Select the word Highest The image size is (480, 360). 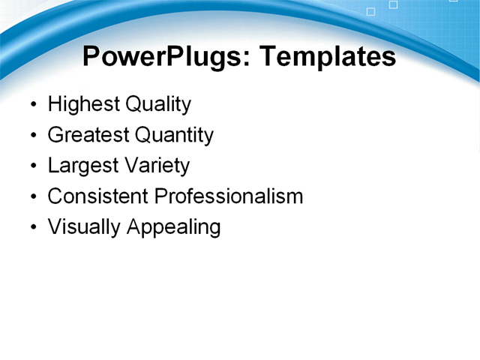tap(83, 104)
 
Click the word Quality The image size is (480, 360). tap(158, 104)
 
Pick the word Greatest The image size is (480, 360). tap(88, 135)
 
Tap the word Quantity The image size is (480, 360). tap(175, 135)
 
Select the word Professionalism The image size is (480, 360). tap(229, 196)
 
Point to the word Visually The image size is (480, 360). tap(84, 227)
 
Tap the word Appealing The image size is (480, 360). tap(173, 227)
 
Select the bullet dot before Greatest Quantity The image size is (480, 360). tap(32, 136)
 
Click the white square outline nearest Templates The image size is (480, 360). tap(370, 12)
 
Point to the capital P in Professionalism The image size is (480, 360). tap(160, 196)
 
